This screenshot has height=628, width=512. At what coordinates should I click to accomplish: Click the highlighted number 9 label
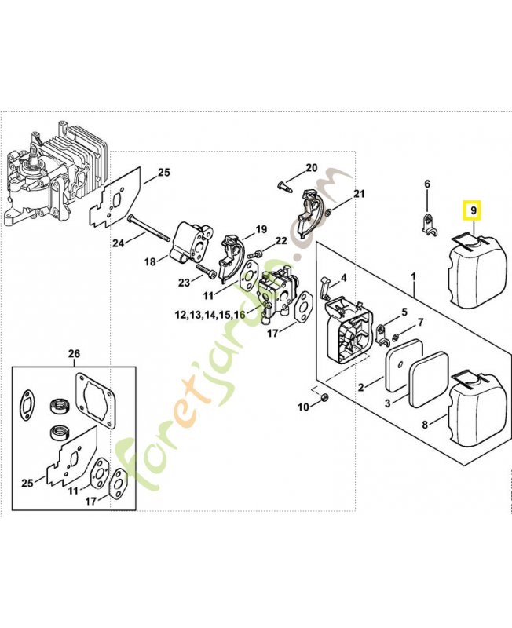click(472, 210)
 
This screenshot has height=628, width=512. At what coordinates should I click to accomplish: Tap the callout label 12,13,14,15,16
click(209, 315)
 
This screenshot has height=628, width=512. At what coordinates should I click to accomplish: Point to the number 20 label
click(311, 168)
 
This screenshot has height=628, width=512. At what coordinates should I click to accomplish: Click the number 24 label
click(118, 243)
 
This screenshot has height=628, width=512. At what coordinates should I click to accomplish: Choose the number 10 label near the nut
click(303, 407)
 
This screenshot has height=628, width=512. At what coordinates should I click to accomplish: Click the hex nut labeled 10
click(323, 401)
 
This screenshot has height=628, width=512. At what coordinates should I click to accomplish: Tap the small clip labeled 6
click(429, 225)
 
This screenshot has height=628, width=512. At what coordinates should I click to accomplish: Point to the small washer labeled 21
click(328, 212)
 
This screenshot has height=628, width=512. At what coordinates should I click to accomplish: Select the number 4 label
click(343, 278)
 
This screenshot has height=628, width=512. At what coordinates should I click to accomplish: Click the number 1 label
click(414, 276)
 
